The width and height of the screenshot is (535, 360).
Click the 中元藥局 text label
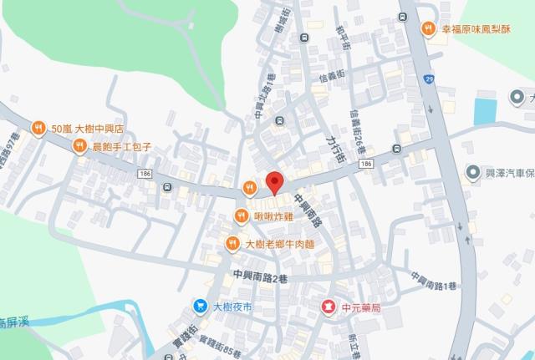pos(364,308)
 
